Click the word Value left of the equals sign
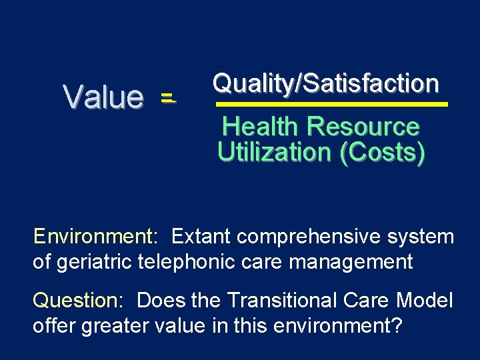(103, 97)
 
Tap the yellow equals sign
(167, 99)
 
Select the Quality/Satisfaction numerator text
(325, 83)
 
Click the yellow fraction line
(331, 105)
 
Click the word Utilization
(275, 153)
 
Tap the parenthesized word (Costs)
(382, 153)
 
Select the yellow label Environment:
(95, 237)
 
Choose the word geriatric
(91, 261)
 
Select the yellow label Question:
(78, 301)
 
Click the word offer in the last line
(53, 327)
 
